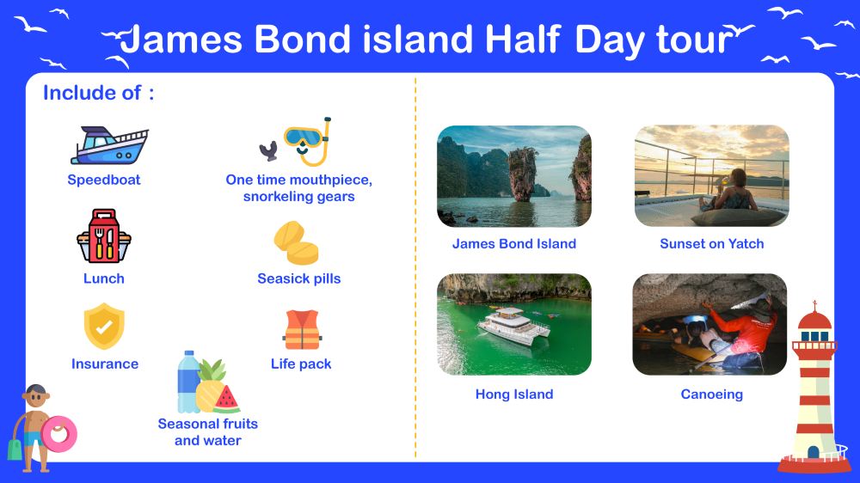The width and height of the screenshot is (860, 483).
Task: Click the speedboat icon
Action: click(x=109, y=145)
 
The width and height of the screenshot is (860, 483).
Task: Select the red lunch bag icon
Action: click(x=104, y=235)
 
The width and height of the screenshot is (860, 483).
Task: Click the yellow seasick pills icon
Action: click(x=296, y=243)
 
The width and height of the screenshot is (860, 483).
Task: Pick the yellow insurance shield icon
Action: click(x=104, y=327)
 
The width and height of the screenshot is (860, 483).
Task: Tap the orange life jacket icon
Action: click(x=302, y=329)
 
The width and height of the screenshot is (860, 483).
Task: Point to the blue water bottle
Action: click(x=188, y=382)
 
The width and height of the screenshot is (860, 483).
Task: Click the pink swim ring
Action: click(x=58, y=434)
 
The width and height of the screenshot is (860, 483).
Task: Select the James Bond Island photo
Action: click(x=514, y=176)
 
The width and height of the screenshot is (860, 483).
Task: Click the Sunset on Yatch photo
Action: click(x=711, y=176)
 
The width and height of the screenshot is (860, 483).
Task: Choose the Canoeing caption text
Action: click(x=711, y=394)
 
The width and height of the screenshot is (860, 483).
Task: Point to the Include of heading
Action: click(x=99, y=93)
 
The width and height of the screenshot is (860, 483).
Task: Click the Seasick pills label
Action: click(x=299, y=278)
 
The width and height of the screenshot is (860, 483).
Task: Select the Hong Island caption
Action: click(x=514, y=394)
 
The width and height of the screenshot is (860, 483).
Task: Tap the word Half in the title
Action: click(x=523, y=40)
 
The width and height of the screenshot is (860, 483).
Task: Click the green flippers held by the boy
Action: click(x=15, y=449)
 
